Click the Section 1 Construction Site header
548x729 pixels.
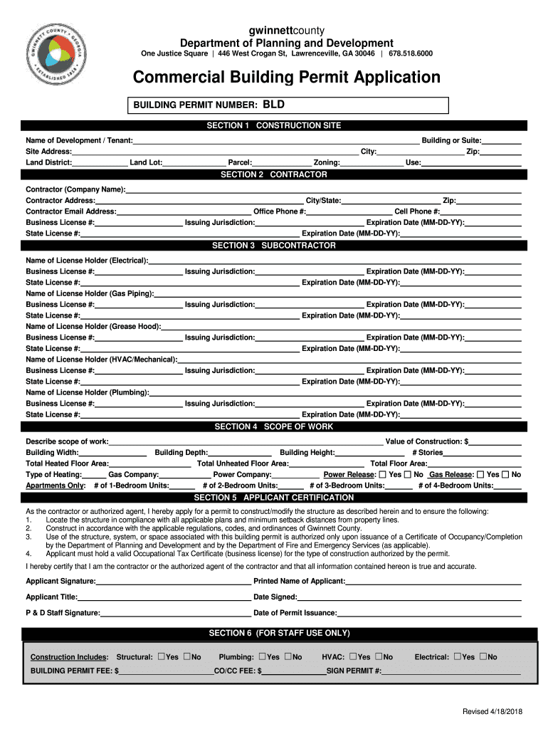pyautogui.click(x=274, y=125)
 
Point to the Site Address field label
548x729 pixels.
pyautogui.click(x=48, y=152)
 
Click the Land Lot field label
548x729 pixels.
pyautogui.click(x=146, y=163)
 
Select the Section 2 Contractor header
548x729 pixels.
pyautogui.click(x=274, y=174)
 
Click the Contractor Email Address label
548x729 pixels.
pyautogui.click(x=71, y=211)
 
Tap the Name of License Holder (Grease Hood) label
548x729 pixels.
pyautogui.click(x=93, y=326)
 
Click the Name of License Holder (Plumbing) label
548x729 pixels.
pyautogui.click(x=88, y=392)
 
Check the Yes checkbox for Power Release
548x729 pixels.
pyautogui.click(x=382, y=474)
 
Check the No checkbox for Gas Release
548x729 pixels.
pyautogui.click(x=505, y=474)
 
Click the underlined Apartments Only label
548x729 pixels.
pyautogui.click(x=56, y=486)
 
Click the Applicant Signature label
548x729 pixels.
pyautogui.click(x=61, y=582)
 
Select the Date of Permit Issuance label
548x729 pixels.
pyautogui.click(x=295, y=613)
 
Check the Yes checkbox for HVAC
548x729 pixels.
pyautogui.click(x=353, y=656)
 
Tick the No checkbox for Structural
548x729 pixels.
pyautogui.click(x=187, y=656)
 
